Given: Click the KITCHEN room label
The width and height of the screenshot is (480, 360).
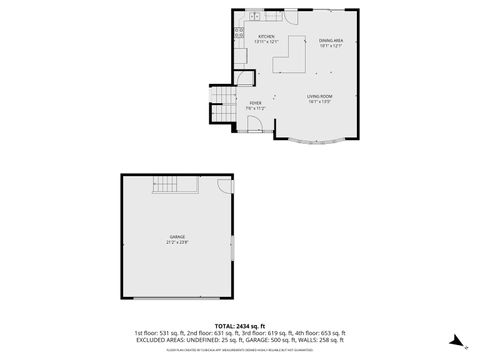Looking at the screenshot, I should click(x=265, y=37).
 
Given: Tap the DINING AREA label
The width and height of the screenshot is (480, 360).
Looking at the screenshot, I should click(x=331, y=41).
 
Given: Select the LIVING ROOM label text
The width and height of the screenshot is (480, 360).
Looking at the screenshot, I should click(x=320, y=96).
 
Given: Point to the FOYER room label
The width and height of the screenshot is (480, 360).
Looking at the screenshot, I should click(x=256, y=103).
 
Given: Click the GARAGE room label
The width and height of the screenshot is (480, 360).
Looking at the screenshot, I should click(x=177, y=236).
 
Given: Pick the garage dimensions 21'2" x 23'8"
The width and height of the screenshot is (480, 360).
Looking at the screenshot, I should click(x=177, y=242).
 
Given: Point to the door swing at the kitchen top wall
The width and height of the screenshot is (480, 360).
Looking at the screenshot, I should click(x=289, y=17).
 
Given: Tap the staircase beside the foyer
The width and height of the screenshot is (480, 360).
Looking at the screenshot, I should click(x=221, y=99).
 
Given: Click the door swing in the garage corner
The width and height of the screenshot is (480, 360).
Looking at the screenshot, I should click(x=226, y=185).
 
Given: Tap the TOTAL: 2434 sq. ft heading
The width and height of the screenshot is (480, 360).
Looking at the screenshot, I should click(x=240, y=325).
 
